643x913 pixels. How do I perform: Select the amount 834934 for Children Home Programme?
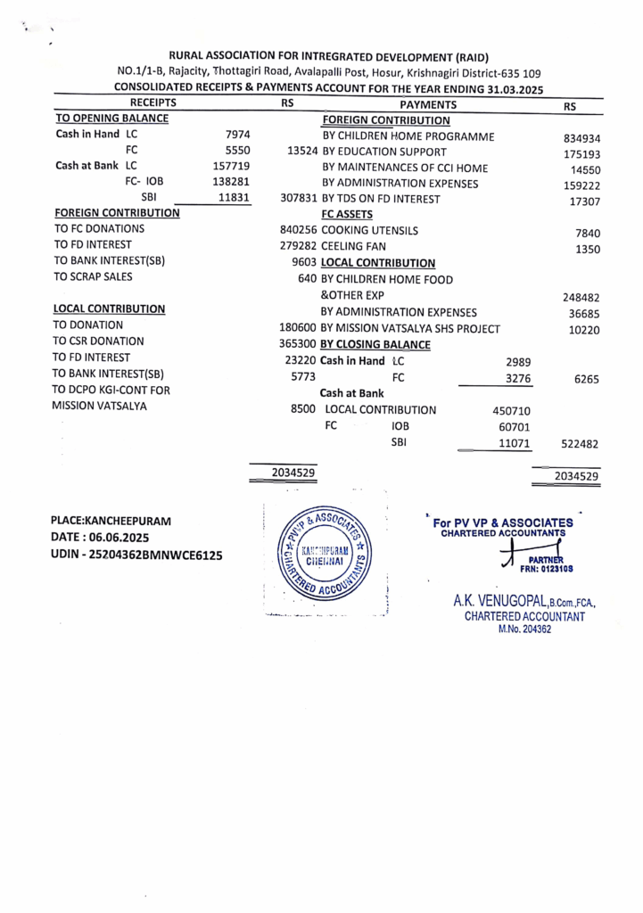[x=581, y=138]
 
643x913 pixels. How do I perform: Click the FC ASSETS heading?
[x=347, y=215]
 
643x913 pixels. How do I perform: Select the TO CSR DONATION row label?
[x=98, y=341]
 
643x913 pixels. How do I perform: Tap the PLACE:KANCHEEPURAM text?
[x=111, y=520]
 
